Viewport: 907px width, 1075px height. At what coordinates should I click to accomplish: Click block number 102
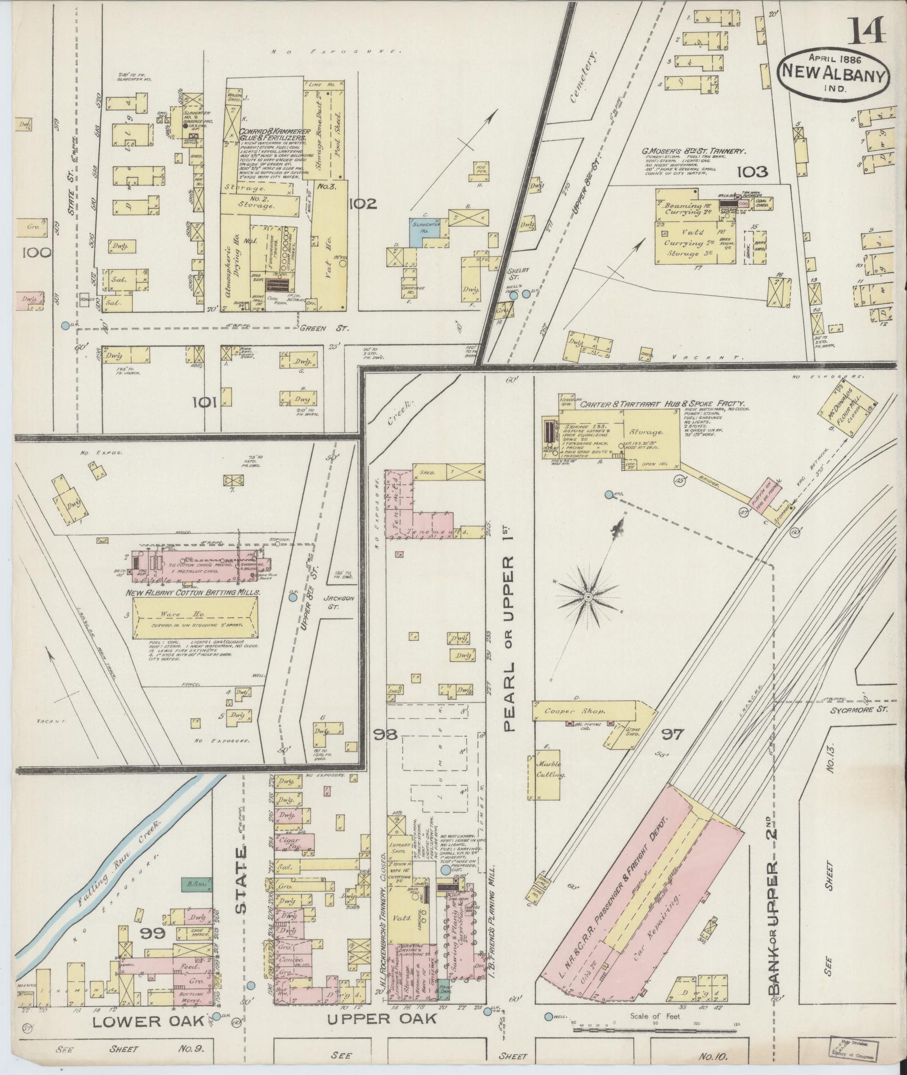pos(362,204)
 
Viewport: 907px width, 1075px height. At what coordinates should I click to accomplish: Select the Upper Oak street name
pos(382,1018)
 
